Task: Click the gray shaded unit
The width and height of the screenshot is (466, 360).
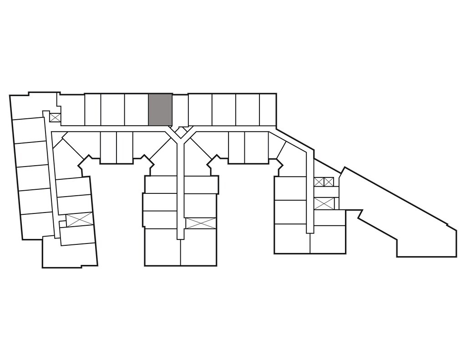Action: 160,109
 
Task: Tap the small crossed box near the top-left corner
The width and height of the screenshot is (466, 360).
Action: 55,117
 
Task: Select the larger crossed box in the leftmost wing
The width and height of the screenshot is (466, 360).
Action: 80,219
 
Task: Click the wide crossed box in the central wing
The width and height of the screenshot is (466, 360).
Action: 200,223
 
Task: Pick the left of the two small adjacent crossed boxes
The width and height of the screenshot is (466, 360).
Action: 319,182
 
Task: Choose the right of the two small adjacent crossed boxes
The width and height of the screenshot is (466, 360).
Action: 329,182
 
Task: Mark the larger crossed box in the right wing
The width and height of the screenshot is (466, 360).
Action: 324,203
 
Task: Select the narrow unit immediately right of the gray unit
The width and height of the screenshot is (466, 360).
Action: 180,109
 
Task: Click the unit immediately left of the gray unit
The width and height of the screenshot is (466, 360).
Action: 136,109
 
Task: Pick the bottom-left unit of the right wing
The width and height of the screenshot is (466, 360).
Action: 292,239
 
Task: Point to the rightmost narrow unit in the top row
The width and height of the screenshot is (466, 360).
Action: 268,109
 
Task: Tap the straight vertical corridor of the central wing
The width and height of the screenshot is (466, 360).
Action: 180,191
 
